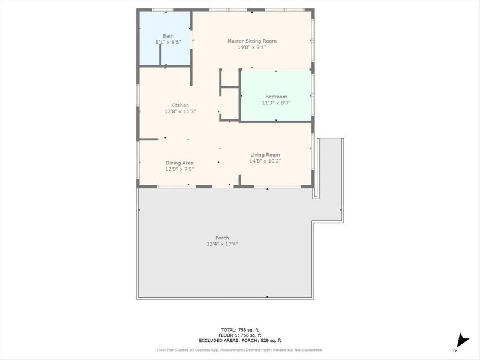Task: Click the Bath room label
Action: pos(167,36)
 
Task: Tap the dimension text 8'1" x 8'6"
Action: pos(167,43)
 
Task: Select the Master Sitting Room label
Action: pos(251,41)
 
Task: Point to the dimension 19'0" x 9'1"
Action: pos(251,47)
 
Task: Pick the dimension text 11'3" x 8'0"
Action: pos(276,103)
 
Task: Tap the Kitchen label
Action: pos(179,105)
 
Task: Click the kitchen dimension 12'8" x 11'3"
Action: pos(179,112)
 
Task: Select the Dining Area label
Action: pos(179,163)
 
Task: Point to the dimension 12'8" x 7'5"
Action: pos(179,169)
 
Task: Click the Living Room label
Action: pos(265,154)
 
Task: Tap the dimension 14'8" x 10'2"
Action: pos(265,161)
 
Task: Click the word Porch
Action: pos(222,238)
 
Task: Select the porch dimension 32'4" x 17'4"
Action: pos(222,244)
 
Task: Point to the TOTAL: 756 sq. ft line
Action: pos(239,330)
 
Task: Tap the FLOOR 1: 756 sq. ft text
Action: pos(239,335)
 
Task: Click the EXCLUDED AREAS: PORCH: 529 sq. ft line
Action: pos(239,340)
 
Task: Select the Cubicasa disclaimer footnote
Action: pos(239,350)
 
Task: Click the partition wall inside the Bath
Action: pos(161,55)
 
